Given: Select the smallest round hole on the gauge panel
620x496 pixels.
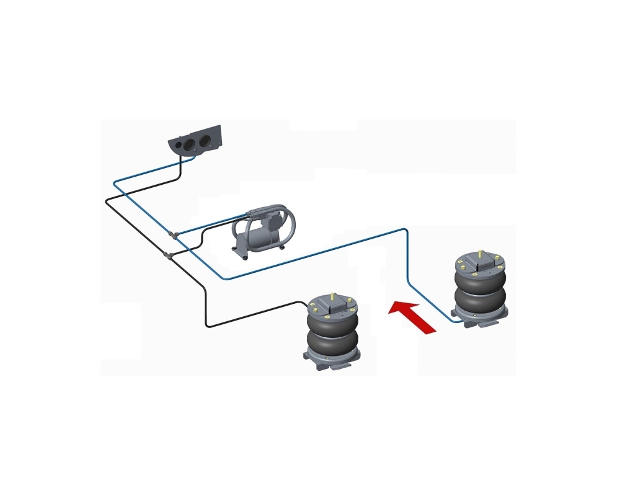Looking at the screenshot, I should point(176,144).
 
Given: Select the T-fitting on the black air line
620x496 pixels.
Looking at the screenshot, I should point(167,254).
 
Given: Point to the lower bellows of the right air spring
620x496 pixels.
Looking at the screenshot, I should point(481,299).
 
